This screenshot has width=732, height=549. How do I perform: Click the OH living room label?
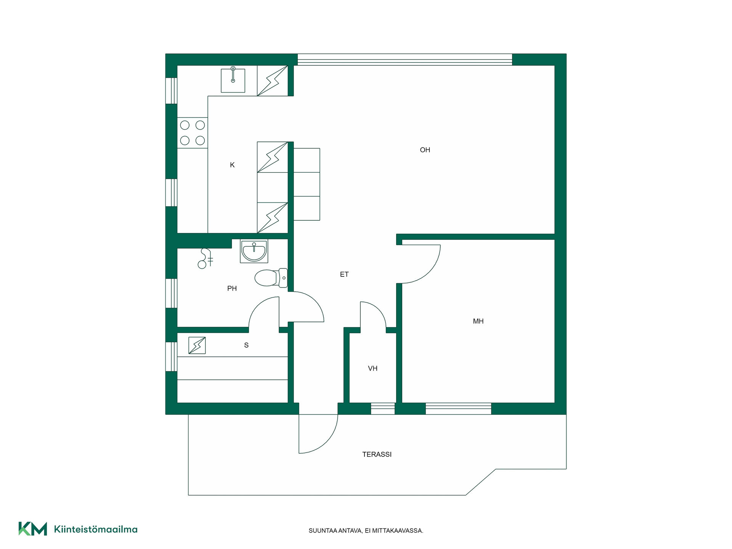pos(425,150)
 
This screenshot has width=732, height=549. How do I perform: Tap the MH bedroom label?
pos(478,321)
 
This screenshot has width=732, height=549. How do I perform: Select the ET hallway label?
pos(344,274)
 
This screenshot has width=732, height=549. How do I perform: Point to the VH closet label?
pos(372,368)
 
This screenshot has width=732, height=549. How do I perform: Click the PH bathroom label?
pos(232,289)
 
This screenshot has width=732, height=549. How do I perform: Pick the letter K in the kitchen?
pos(232,165)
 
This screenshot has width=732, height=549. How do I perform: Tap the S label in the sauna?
pos(246,345)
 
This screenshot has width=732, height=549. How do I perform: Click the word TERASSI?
pos(377,454)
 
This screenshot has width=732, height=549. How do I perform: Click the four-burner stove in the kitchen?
pos(193,133)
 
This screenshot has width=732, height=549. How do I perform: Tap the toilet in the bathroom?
pos(271,278)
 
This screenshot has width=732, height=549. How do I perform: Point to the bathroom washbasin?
pos(254,251)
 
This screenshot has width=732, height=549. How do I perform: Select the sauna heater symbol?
pos(197,345)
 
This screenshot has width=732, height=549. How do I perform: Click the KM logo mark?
pos(33,529)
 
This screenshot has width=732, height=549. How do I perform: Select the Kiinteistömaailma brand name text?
pos(96,529)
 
